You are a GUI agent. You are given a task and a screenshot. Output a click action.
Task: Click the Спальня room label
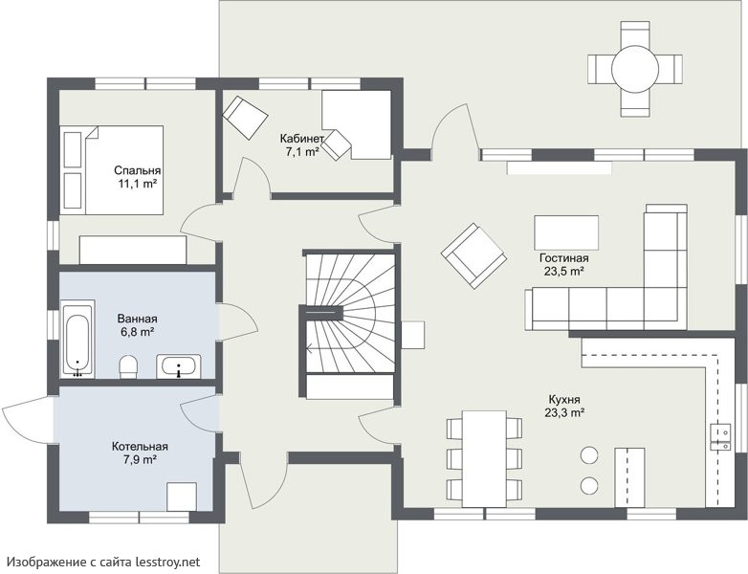(138, 170)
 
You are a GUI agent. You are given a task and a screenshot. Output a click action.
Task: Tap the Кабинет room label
(302, 139)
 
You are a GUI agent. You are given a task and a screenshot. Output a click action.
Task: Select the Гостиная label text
(563, 258)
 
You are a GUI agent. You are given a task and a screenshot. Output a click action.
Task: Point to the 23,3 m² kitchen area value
(564, 412)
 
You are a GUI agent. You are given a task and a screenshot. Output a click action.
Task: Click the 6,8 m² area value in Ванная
(138, 332)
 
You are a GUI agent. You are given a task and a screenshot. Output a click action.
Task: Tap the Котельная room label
(140, 447)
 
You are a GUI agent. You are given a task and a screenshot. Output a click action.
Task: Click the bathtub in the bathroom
(78, 339)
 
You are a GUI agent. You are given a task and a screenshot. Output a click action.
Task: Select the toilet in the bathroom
(128, 366)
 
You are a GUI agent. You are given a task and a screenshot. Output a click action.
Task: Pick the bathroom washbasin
(179, 366)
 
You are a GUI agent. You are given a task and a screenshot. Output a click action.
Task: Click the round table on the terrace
(635, 69)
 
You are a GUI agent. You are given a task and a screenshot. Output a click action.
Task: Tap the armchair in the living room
(474, 255)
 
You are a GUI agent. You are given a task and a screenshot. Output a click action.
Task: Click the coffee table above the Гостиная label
(566, 232)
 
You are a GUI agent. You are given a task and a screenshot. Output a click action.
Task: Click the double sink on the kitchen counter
(721, 436)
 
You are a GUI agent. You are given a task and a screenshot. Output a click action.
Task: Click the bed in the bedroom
(113, 170)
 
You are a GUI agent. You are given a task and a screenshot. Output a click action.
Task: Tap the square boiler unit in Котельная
(182, 497)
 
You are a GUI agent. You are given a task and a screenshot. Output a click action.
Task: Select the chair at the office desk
(338, 144)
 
